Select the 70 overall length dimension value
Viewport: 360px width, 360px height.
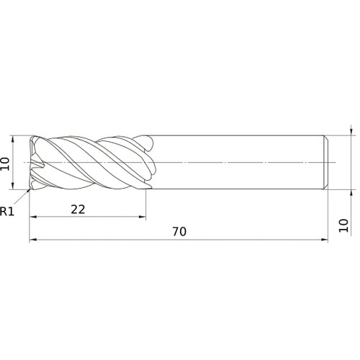coord(179,231)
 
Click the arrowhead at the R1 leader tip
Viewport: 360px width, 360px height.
coord(28,191)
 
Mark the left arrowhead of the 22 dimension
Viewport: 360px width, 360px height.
coord(32,217)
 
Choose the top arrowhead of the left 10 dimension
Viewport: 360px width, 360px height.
coord(14,139)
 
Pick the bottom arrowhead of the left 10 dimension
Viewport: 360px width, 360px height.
coord(14,186)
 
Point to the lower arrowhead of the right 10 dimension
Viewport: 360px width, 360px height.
coord(350,194)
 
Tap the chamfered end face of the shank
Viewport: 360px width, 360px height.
coord(328,163)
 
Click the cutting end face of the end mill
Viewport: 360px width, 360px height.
coord(32,163)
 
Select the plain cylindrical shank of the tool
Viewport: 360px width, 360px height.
coord(238,163)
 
